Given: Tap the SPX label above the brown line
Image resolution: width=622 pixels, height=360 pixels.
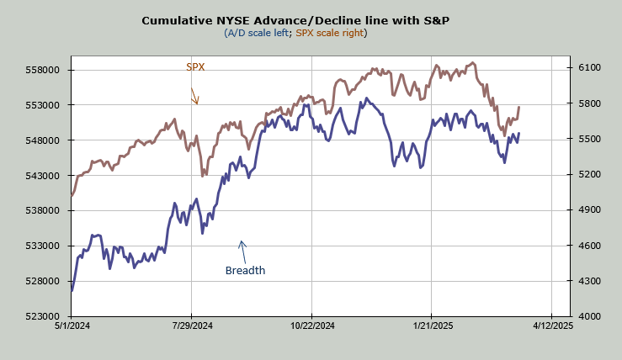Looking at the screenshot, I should pos(195,66).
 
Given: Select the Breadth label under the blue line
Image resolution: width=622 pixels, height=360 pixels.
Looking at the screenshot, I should pos(245,271).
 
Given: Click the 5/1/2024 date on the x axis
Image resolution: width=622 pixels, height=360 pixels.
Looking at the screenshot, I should pos(72,326).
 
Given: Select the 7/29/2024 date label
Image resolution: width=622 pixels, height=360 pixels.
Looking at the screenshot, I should pos(192,326).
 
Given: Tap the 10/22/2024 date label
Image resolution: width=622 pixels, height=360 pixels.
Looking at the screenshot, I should pos(311,326).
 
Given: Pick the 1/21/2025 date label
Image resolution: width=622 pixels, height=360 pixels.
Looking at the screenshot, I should pos(431,326).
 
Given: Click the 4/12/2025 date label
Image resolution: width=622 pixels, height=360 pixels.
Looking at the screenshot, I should pos(551,326).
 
